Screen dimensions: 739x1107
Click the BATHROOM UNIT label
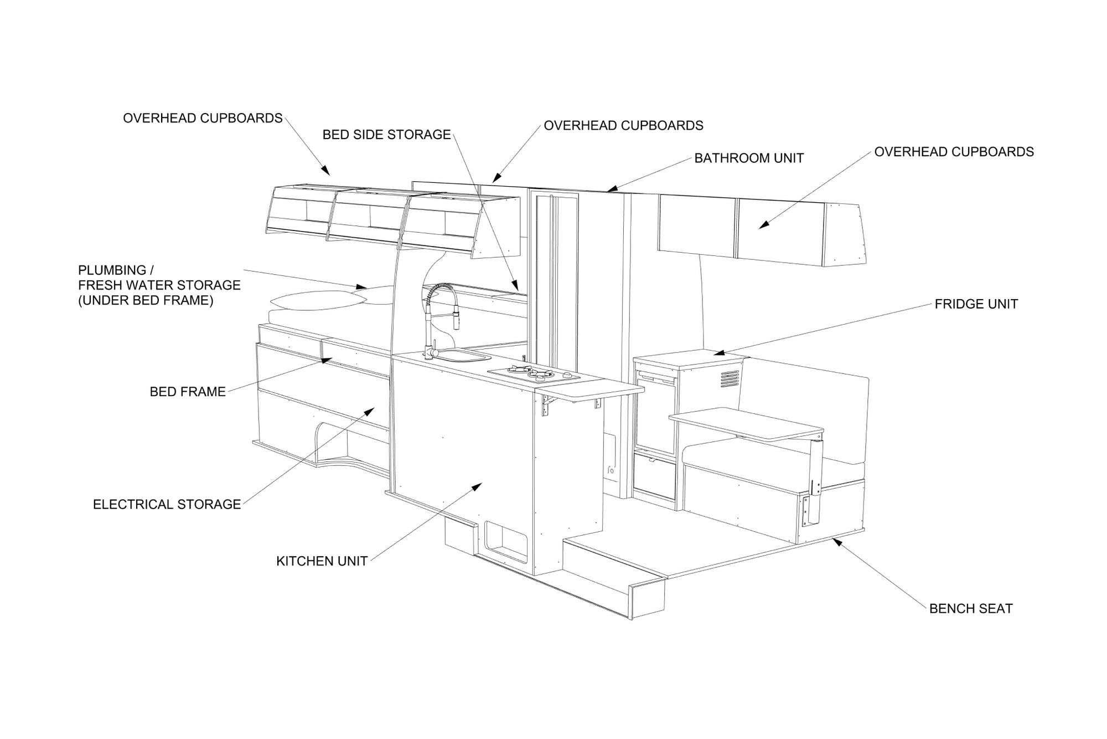coord(748,158)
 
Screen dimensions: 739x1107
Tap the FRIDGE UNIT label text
coord(976,304)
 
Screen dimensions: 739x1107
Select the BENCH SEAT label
coord(970,608)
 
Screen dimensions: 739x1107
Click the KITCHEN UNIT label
coord(322,561)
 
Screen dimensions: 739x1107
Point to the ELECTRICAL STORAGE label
coord(167,504)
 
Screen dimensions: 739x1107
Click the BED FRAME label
coord(188,392)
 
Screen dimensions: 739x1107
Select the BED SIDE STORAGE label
coord(386,135)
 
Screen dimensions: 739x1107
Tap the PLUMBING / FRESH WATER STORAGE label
coord(159,285)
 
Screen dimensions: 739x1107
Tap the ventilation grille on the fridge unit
coord(730,379)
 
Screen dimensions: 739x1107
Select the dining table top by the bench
coord(747,423)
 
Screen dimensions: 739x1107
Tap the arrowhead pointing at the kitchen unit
coord(478,486)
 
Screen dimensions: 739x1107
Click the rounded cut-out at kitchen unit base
coord(505,540)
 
